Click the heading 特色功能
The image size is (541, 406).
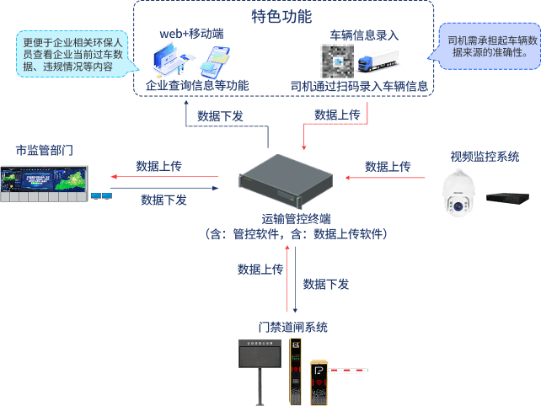pos(281,16)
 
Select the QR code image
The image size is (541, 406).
pos(336,61)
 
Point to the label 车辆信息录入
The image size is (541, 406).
pos(365,35)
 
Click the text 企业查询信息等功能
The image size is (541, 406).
pos(197,86)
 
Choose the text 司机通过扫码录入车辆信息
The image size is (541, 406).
pos(359,86)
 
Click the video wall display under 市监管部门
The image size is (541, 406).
pos(44,185)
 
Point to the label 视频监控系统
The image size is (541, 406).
pos(485,156)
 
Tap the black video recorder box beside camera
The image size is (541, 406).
pos(507,198)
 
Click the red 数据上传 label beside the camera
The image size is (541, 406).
pos(388,167)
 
